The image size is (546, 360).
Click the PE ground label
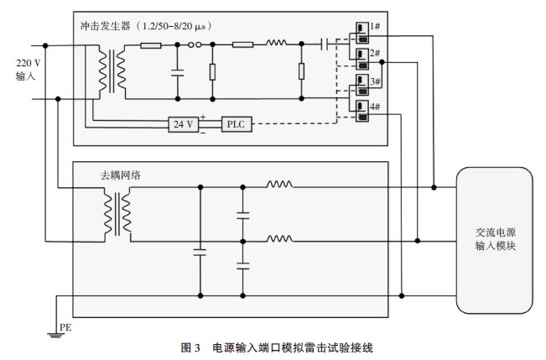64,326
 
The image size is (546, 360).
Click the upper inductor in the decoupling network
279,185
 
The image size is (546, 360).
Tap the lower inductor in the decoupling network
279,240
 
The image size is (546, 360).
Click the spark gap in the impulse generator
195,44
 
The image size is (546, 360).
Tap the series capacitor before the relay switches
323,44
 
